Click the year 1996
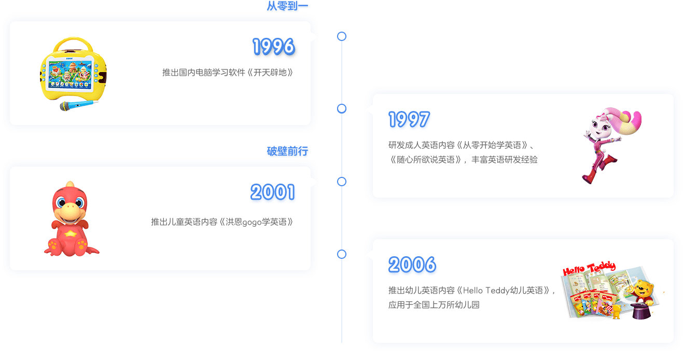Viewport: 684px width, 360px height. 274,46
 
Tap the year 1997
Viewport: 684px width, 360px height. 409,119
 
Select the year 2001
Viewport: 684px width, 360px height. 273,192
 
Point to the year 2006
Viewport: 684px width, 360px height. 412,265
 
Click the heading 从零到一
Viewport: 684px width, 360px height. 287,6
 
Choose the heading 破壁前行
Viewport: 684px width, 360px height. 287,151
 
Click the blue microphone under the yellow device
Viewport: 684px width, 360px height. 78,105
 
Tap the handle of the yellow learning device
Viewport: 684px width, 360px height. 73,42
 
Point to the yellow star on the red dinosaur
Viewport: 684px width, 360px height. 70,234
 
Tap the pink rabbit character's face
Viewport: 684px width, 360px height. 599,125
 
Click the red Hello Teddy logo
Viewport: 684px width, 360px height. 589,268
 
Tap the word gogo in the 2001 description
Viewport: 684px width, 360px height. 252,223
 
